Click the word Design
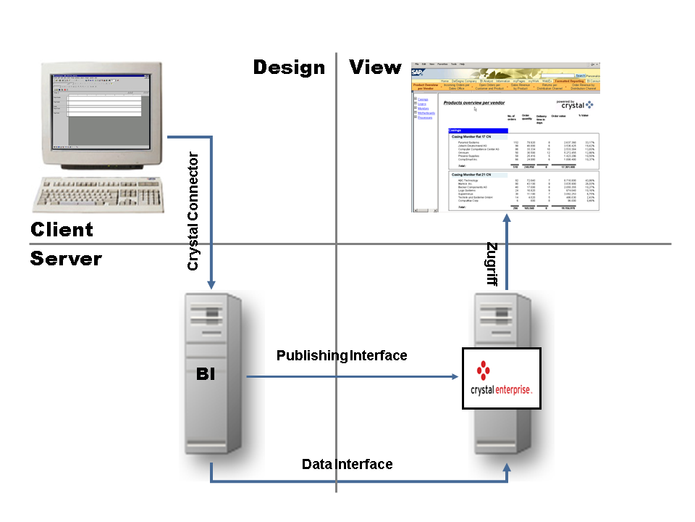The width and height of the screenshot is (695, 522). pos(289,68)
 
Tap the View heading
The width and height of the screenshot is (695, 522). pos(375,68)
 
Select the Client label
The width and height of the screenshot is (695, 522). pos(62,230)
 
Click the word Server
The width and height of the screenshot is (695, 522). pos(66,259)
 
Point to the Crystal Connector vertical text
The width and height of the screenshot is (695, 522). pos(193,211)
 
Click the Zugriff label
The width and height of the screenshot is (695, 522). pos(492,265)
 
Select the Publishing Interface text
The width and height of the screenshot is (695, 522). pos(342,355)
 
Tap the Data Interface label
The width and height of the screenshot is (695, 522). pos(347,464)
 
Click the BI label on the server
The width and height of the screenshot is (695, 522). pos(206,376)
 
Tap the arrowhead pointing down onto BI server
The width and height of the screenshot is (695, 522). pos(211,286)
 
